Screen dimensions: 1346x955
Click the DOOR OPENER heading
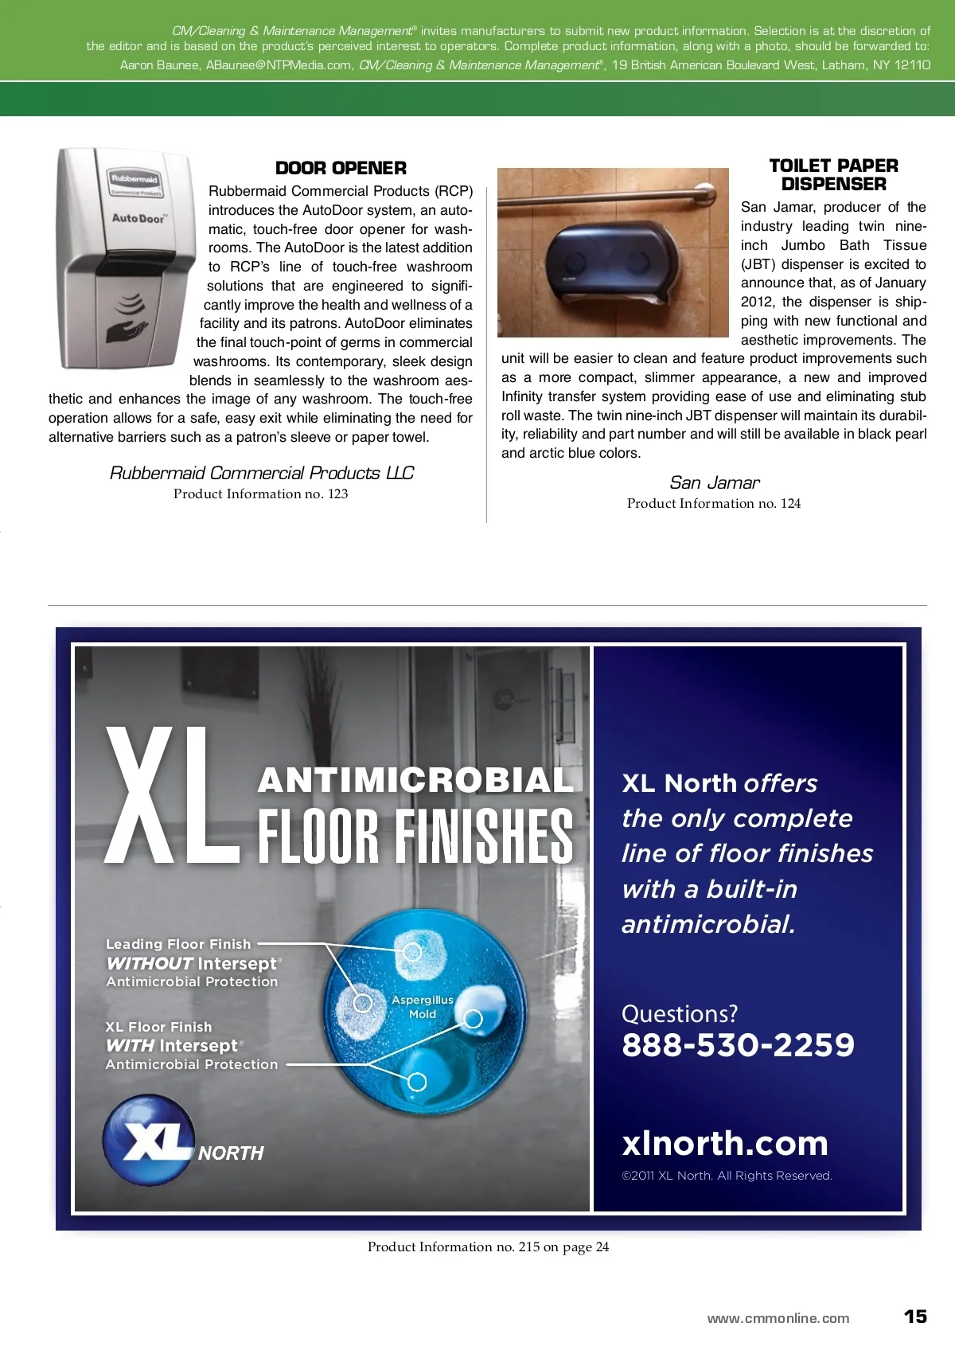pyautogui.click(x=341, y=168)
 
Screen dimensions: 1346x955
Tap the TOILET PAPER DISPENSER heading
pyautogui.click(x=833, y=175)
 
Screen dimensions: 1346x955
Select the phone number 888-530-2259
pyautogui.click(x=738, y=1045)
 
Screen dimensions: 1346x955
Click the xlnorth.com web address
pyautogui.click(x=725, y=1143)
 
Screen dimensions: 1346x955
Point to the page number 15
pyautogui.click(x=915, y=1317)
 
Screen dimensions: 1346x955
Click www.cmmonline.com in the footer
pyautogui.click(x=778, y=1318)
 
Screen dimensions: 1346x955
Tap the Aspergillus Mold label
pyautogui.click(x=422, y=1007)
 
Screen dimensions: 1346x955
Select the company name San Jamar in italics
pyautogui.click(x=714, y=482)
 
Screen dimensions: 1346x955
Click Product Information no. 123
pyautogui.click(x=260, y=494)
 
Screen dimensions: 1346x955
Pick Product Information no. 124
pyautogui.click(x=713, y=503)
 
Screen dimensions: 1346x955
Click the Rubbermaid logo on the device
pyautogui.click(x=134, y=179)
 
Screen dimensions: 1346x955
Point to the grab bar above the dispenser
pyautogui.click(x=613, y=193)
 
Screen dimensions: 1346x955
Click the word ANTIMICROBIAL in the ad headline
pyautogui.click(x=415, y=780)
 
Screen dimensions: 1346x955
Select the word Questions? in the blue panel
pyautogui.click(x=679, y=1013)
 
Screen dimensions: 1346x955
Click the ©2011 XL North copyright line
pyautogui.click(x=727, y=1176)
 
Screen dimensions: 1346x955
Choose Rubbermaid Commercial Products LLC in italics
pyautogui.click(x=261, y=473)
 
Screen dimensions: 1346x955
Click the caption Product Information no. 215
pyautogui.click(x=488, y=1247)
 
